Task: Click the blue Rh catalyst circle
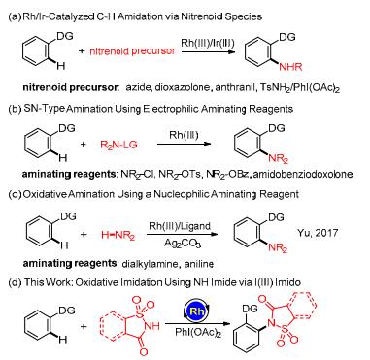click(197, 311)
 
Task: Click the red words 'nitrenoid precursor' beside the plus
click(132, 51)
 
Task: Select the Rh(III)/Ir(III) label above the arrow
click(208, 43)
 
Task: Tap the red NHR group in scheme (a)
click(290, 67)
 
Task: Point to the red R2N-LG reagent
click(118, 145)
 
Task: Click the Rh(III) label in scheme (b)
click(184, 135)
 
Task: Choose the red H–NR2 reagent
click(118, 236)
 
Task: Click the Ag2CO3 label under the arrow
click(183, 243)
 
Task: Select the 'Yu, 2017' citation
click(318, 233)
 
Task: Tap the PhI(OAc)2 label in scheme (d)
click(198, 332)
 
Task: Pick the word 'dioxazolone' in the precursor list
click(183, 87)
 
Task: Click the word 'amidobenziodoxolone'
click(303, 174)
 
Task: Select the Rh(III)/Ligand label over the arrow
click(180, 226)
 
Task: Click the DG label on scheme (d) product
click(250, 309)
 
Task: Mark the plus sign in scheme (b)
click(84, 145)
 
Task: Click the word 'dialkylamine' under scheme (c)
click(150, 264)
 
